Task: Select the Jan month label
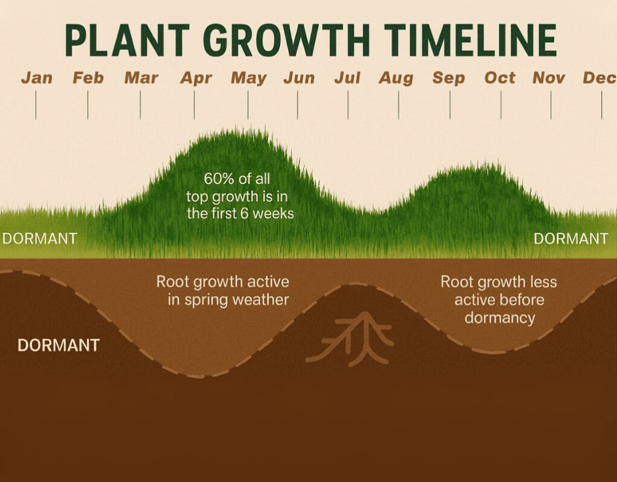click(x=36, y=78)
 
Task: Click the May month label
click(x=248, y=78)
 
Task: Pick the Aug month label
click(x=396, y=78)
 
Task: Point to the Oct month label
click(x=500, y=78)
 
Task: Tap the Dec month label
click(x=599, y=78)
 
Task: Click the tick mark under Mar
click(x=140, y=105)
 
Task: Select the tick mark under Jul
click(x=348, y=105)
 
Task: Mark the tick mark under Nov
click(x=551, y=105)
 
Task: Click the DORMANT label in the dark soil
click(x=58, y=345)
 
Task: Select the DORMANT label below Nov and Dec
click(x=571, y=239)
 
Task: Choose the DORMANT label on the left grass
click(x=39, y=239)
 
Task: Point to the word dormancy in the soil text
click(x=500, y=318)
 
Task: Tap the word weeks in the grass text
click(x=274, y=213)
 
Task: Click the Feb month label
click(x=88, y=78)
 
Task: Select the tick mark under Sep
click(x=449, y=105)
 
